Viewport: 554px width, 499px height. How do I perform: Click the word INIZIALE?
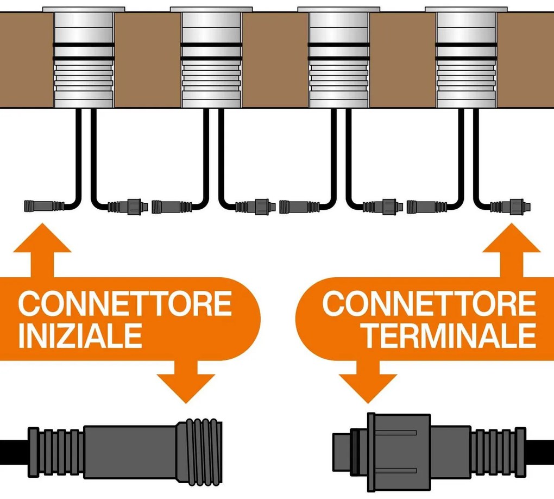pyautogui.click(x=80, y=335)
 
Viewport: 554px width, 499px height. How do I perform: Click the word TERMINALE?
pyautogui.click(x=449, y=335)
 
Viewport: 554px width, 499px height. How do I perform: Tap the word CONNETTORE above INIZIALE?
pyautogui.click(x=125, y=304)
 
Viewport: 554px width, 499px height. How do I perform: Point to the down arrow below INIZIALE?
pyautogui.click(x=186, y=383)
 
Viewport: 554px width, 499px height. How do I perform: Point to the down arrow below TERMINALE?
pyautogui.click(x=368, y=383)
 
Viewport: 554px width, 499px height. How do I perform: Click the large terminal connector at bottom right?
pyautogui.click(x=429, y=451)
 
